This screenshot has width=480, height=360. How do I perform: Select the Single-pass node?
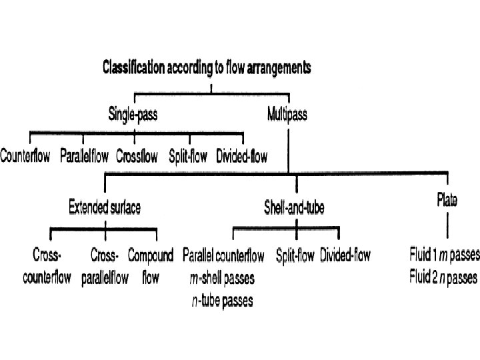coord(133,114)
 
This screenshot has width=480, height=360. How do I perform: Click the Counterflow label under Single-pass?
coord(25,158)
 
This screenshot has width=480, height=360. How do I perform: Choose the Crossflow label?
coord(137,158)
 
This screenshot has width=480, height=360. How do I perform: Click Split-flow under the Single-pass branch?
coord(189,158)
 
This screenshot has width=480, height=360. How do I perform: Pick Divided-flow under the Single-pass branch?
coord(242,158)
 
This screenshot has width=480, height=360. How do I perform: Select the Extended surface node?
coord(105,208)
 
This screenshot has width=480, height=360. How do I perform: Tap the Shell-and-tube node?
coord(294,208)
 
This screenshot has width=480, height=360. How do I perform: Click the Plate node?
coord(447,198)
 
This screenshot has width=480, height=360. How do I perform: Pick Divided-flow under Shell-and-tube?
coord(345,255)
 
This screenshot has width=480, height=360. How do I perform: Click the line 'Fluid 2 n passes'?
coord(443,276)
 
